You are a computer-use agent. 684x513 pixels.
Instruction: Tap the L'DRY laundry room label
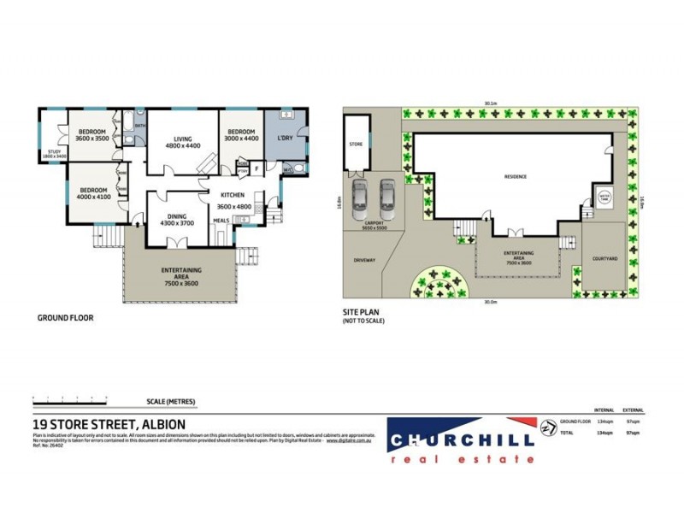(286, 138)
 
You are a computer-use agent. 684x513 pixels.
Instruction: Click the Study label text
(53, 154)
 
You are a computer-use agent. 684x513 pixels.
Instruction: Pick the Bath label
(140, 126)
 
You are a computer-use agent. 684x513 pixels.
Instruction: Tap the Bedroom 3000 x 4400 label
(241, 134)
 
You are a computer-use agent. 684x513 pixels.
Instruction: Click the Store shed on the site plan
(357, 144)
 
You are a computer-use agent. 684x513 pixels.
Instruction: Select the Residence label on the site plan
(515, 177)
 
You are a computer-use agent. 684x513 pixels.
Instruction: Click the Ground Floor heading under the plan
(65, 317)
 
